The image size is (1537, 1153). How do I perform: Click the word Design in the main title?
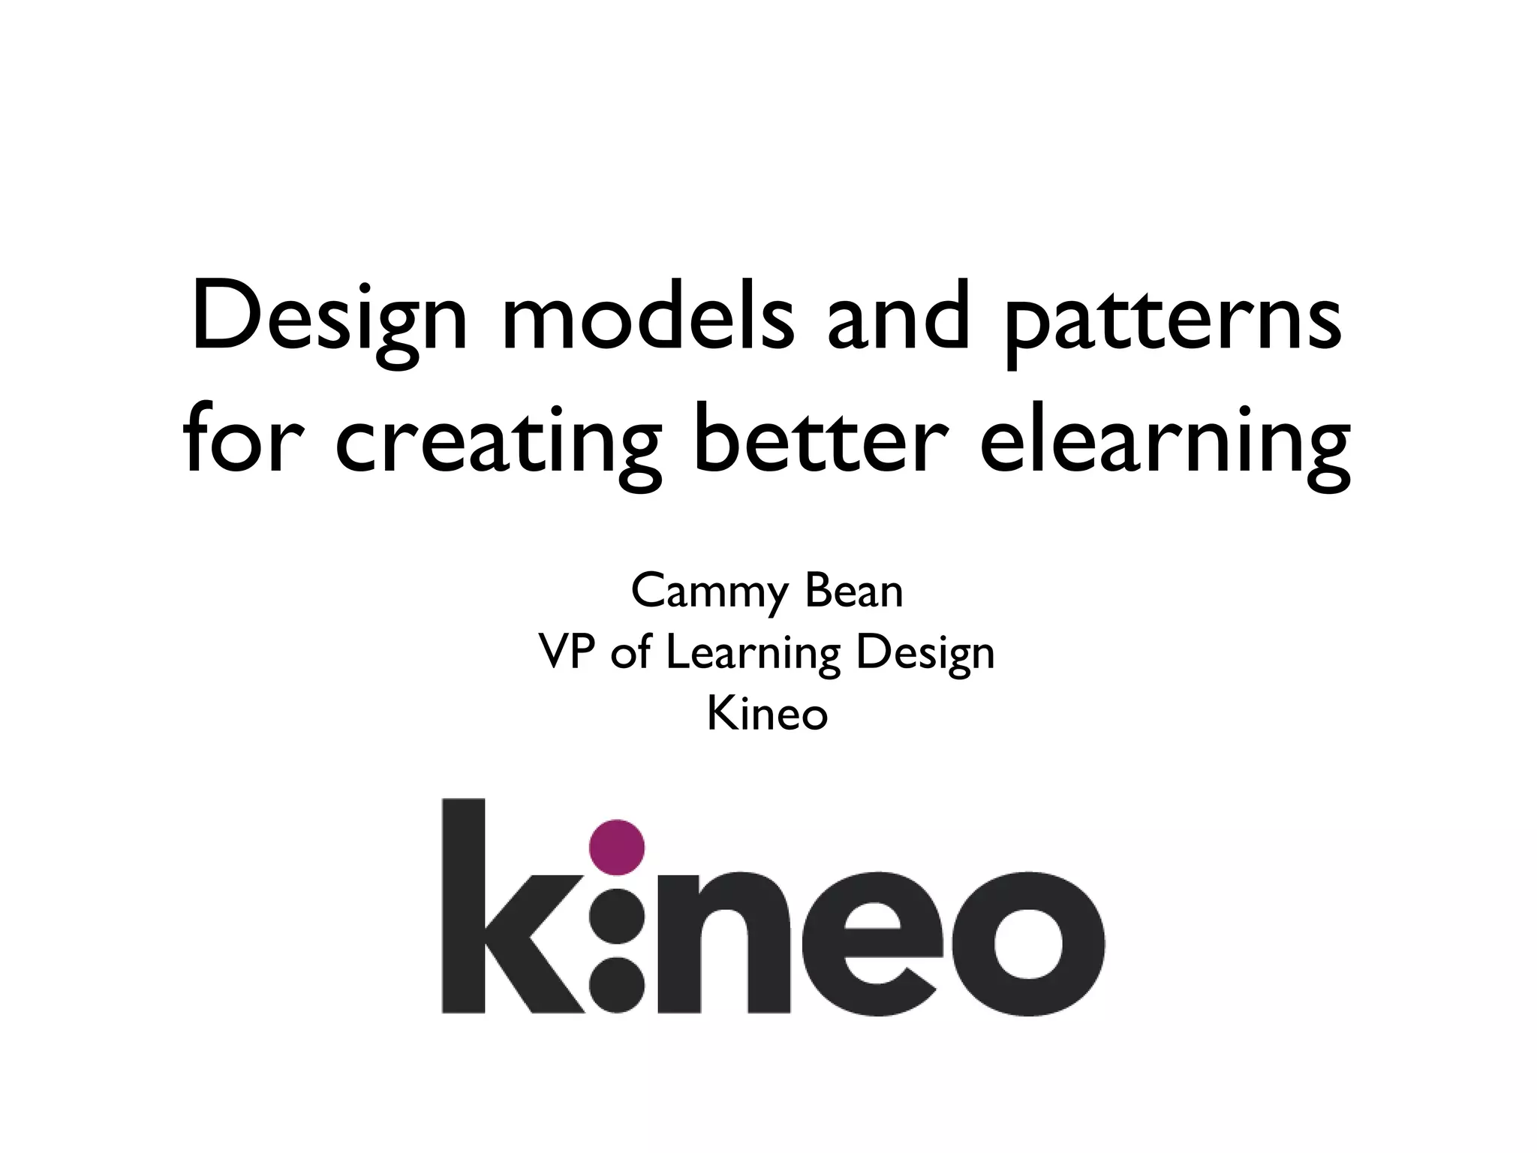[329, 319]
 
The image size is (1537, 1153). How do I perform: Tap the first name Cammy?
[709, 593]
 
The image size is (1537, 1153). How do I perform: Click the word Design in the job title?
[925, 655]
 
